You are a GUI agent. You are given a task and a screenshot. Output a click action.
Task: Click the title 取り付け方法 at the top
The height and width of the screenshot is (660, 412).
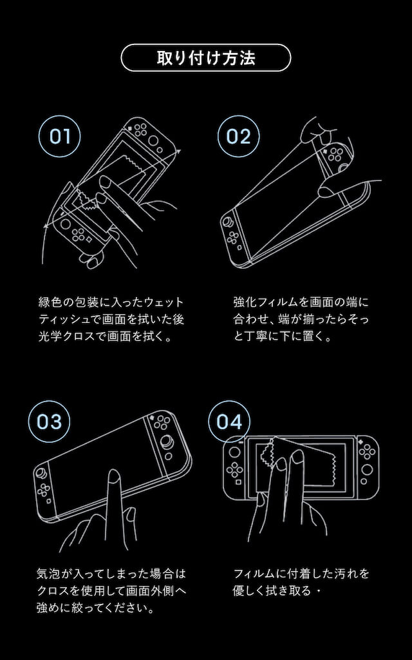coord(206,57)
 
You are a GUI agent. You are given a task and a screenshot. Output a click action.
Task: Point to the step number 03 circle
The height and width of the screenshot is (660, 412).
coord(49,422)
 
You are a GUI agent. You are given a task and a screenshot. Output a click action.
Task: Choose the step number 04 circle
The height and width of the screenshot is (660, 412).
coord(229,422)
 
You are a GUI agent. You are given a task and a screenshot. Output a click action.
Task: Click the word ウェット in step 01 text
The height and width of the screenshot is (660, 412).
coord(162,302)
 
